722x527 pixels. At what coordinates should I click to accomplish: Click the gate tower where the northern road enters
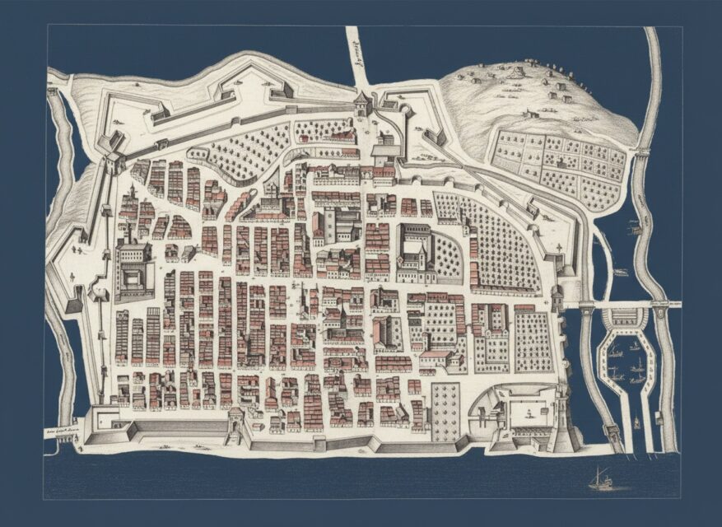click(361, 105)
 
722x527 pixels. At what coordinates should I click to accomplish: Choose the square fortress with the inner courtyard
click(134, 271)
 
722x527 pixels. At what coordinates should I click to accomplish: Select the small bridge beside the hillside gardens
click(640, 153)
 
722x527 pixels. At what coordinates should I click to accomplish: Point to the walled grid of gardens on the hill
click(560, 165)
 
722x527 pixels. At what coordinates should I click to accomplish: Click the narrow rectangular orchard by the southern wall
click(445, 411)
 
